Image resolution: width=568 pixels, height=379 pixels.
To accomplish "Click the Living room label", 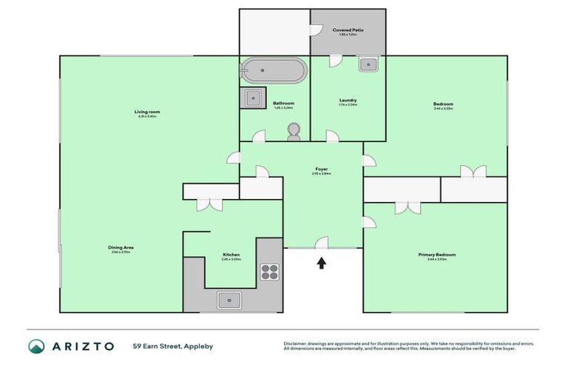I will [x=148, y=112].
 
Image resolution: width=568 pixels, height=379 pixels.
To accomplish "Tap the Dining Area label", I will [x=122, y=247].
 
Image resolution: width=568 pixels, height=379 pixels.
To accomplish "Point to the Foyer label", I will [x=321, y=169].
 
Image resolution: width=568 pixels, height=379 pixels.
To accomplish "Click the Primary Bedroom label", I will [x=437, y=255].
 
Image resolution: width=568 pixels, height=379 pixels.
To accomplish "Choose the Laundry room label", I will [x=348, y=100].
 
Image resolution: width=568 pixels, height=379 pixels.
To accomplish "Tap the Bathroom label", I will [x=283, y=103].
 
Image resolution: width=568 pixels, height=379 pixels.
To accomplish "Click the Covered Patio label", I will [x=348, y=30].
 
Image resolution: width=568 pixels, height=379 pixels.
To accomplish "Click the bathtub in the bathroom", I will [x=273, y=71].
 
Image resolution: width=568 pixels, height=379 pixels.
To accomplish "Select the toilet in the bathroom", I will [x=294, y=131].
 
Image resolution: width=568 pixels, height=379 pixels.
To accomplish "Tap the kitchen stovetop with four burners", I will [x=269, y=272].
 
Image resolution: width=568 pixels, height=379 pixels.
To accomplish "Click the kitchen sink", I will [x=229, y=300].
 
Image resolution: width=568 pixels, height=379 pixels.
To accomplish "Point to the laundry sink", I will [x=368, y=64].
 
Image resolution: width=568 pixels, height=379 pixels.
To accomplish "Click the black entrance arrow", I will [x=322, y=262].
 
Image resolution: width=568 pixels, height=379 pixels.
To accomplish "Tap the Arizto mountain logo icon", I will [x=37, y=346].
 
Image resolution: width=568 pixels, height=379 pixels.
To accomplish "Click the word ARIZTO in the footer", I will [x=83, y=346].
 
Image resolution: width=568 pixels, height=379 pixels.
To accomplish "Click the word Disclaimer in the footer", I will [x=296, y=343].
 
